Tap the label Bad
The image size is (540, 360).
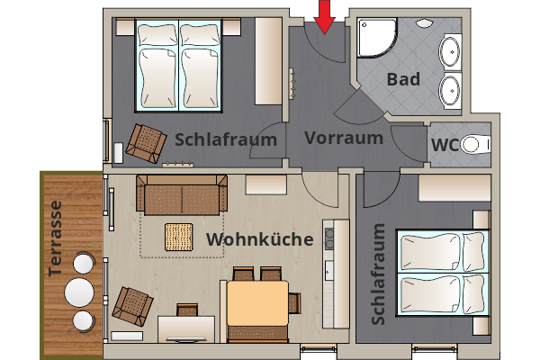(403, 79)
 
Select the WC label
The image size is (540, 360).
(445, 145)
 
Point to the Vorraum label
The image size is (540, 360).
(344, 139)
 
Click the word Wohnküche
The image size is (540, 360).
(260, 239)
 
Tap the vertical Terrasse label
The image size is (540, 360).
(56, 237)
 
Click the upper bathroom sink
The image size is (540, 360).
(450, 49)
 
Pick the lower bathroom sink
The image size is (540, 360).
(450, 90)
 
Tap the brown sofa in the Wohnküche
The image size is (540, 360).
(180, 194)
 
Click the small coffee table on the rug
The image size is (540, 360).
(179, 236)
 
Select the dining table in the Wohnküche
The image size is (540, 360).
(256, 302)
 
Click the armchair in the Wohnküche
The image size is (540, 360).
(132, 306)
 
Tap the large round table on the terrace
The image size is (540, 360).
(80, 293)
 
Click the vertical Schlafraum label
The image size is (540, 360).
(378, 274)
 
